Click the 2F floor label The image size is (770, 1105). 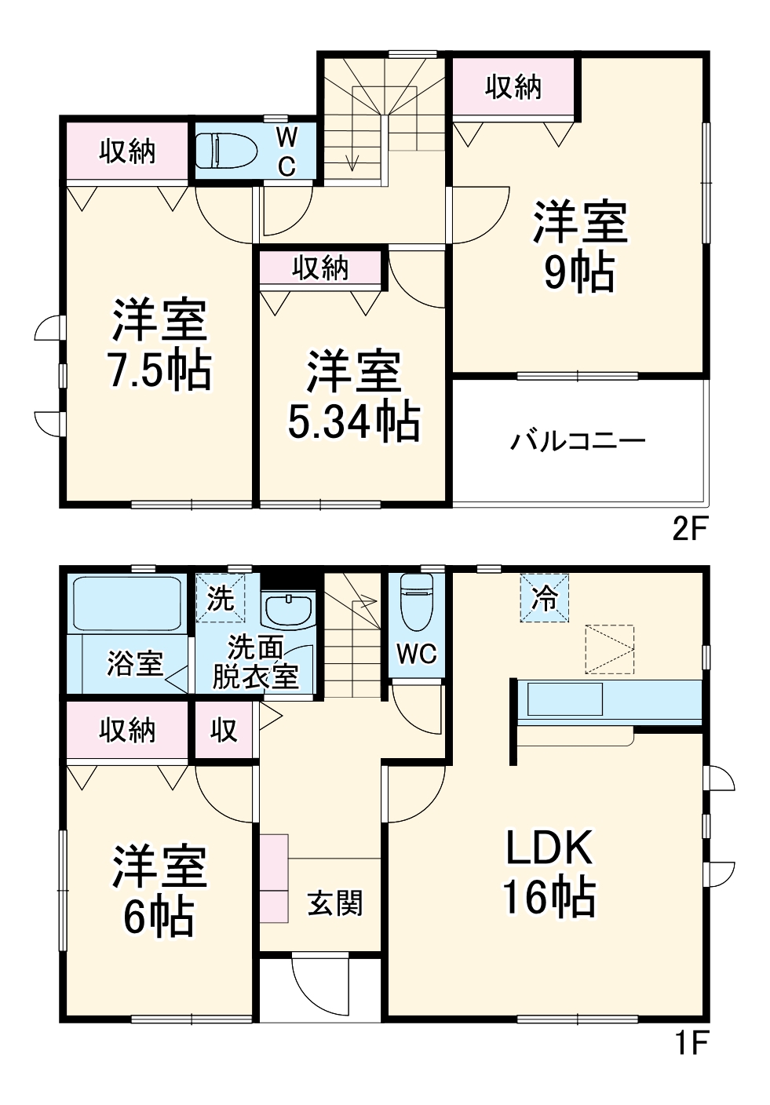pos(691,530)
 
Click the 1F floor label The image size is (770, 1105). pos(692,1044)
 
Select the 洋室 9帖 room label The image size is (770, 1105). pos(581,246)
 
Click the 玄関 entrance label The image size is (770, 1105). pos(335,903)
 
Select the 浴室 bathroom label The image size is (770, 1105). pos(134,664)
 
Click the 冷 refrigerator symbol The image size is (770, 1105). pos(544,598)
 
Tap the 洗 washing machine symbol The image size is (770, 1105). pos(221,599)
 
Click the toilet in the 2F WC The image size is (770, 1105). pos(225,151)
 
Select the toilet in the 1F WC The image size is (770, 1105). pos(417,603)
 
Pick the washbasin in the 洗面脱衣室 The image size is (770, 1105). pos(288,608)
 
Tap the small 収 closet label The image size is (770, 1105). pos(224,730)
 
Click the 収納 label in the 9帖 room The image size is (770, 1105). pos(513,87)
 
